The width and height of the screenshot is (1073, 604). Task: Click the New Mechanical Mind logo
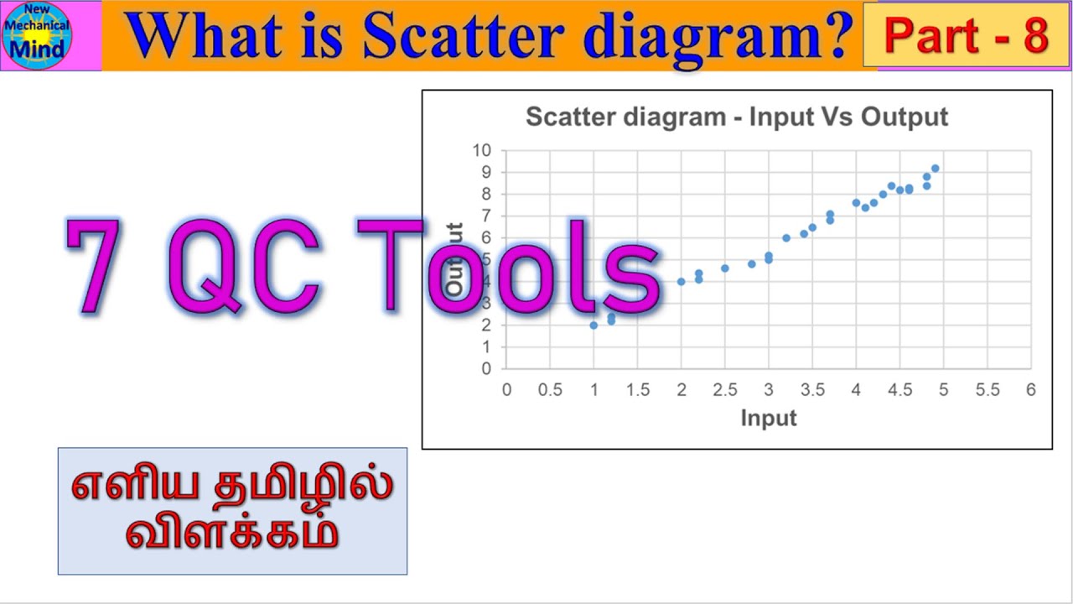(x=38, y=35)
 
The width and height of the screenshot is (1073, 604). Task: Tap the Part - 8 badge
(x=966, y=36)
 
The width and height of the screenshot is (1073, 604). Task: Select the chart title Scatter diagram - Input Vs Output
(x=736, y=117)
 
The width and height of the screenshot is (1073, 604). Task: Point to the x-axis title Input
(x=768, y=418)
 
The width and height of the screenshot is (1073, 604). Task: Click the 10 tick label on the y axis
(x=481, y=151)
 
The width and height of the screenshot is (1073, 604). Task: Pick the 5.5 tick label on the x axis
(x=987, y=390)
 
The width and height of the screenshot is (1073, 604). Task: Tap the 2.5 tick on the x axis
(x=724, y=390)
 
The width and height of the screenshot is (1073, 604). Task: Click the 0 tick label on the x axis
(x=506, y=390)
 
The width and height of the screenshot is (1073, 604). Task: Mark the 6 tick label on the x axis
(x=1030, y=390)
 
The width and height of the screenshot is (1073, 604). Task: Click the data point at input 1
(x=594, y=325)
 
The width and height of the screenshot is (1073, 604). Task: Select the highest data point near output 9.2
(x=935, y=169)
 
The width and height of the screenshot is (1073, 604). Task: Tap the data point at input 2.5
(x=724, y=268)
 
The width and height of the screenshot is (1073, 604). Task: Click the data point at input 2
(x=681, y=282)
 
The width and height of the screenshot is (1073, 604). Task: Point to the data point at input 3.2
(x=785, y=238)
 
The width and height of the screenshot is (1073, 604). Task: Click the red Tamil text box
(x=232, y=511)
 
